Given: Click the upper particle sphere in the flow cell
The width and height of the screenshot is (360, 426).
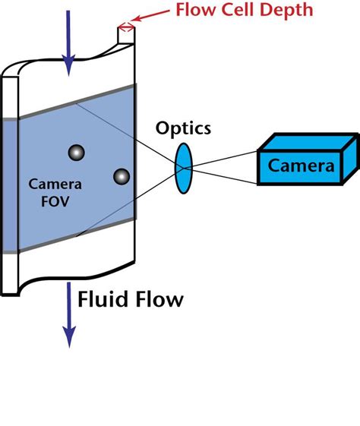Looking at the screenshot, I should click(74, 152).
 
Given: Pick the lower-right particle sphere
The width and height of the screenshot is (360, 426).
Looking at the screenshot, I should click(122, 177).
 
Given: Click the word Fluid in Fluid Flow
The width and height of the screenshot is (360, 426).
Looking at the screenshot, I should click(103, 299).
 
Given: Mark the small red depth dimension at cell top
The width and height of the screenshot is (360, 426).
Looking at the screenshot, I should click(126, 28).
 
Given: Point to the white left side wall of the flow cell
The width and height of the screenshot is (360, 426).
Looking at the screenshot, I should click(8, 182).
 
